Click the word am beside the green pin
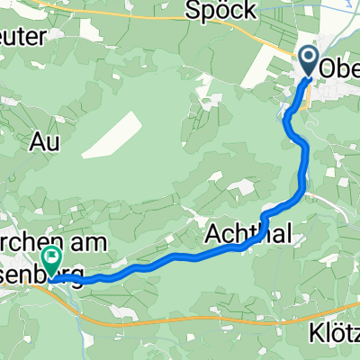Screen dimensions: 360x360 coord(94,242)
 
